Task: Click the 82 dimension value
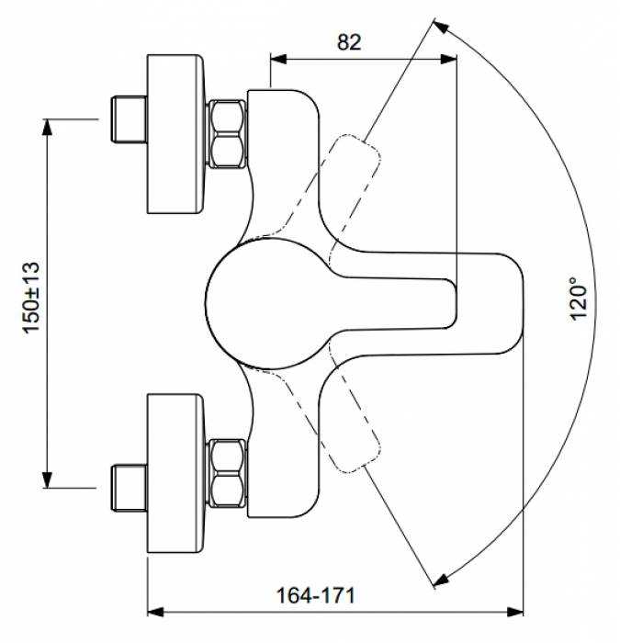(x=350, y=41)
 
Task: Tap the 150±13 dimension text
(x=31, y=297)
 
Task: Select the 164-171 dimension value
(x=315, y=594)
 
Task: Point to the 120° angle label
(x=578, y=299)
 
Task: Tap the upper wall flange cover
(x=175, y=134)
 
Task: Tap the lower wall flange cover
(x=175, y=472)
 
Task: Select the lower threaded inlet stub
(x=127, y=488)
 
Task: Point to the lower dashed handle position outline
(x=354, y=432)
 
